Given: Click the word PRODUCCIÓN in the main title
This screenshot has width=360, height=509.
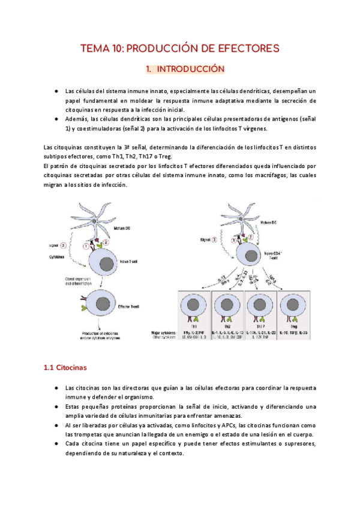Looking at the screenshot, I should [163, 49].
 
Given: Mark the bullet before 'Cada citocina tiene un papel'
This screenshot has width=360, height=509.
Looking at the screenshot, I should [56, 444].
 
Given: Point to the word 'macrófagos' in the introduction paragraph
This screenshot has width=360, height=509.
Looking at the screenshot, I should [267, 175].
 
